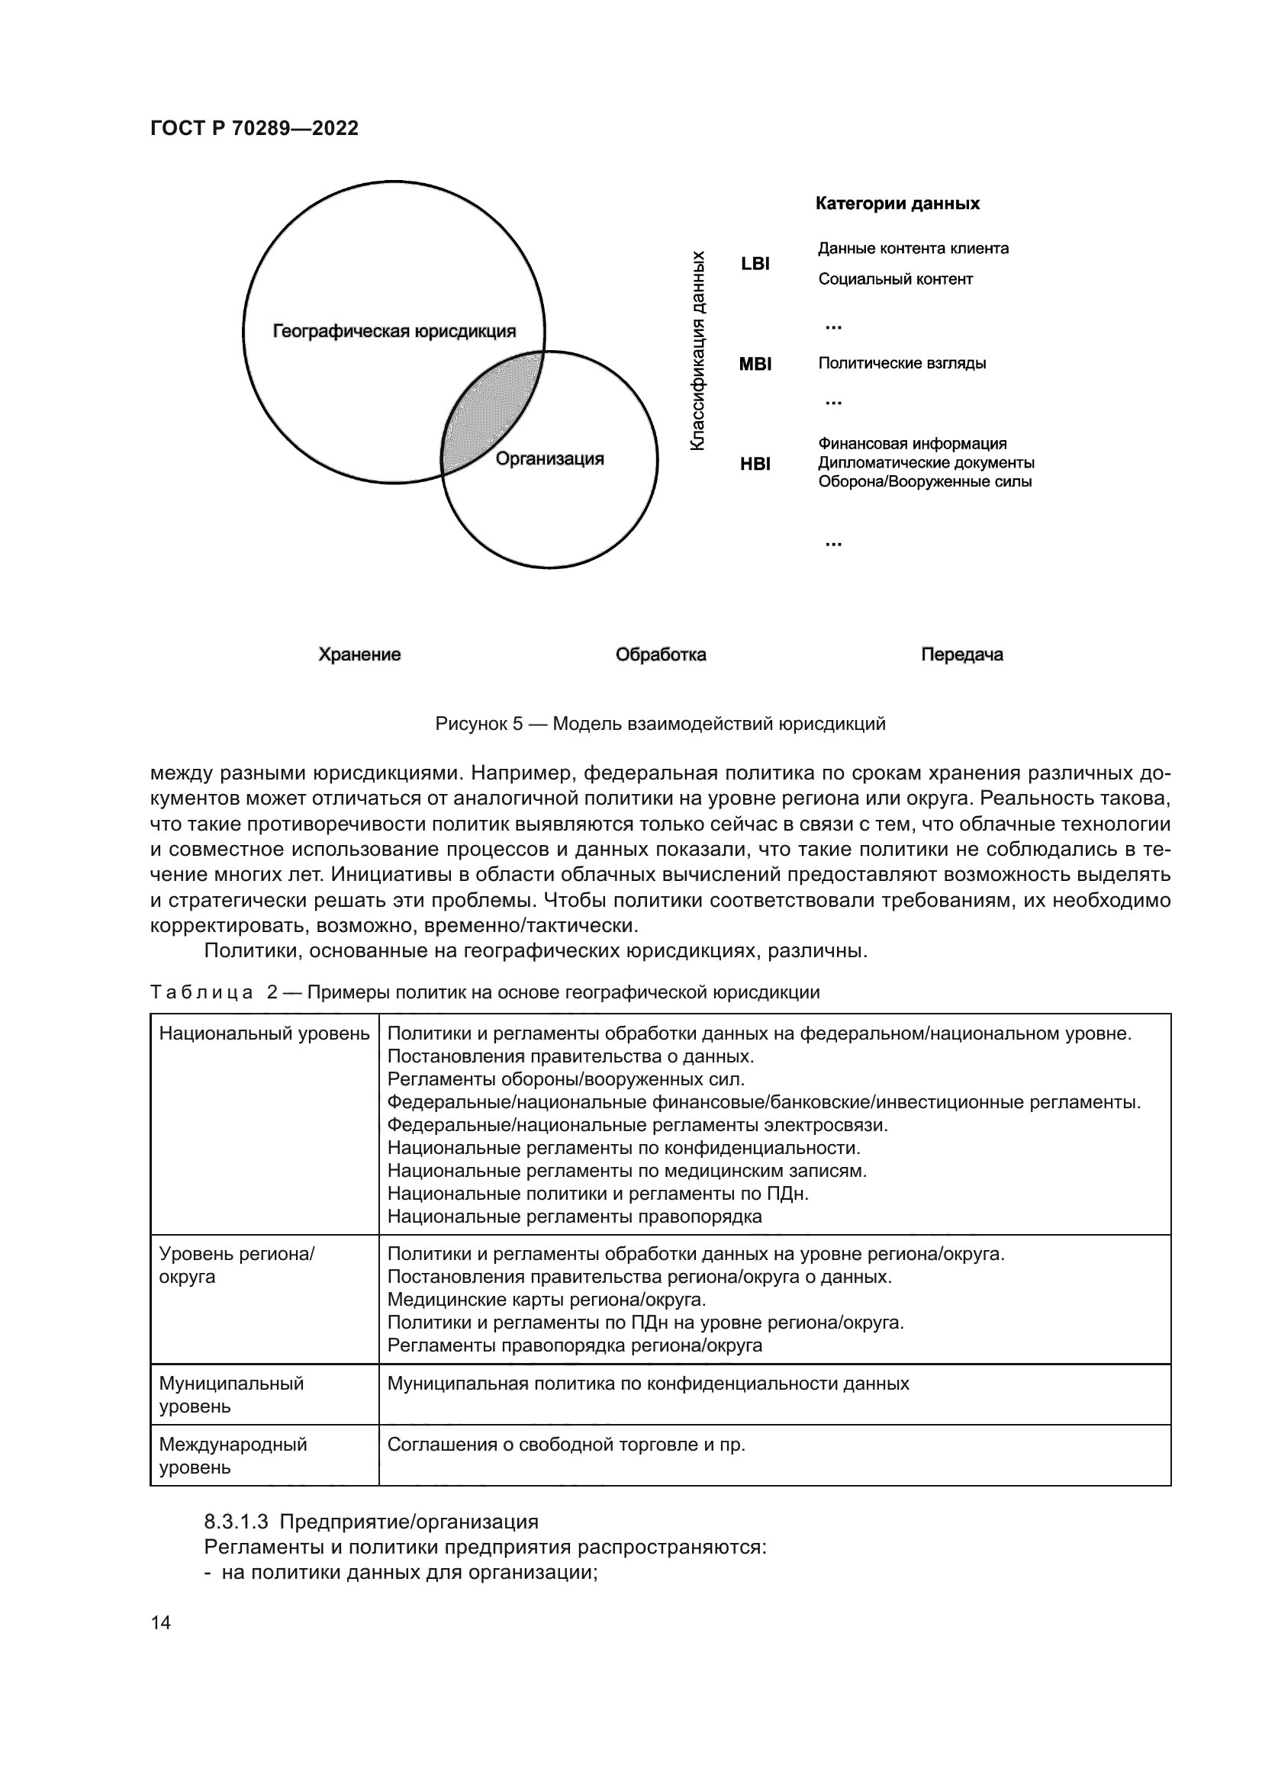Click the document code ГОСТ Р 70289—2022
tap(254, 129)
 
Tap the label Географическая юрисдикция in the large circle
tap(394, 332)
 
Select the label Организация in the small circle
tap(549, 459)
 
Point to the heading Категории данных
tap(897, 204)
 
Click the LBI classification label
tap(755, 264)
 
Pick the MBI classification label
tap(755, 364)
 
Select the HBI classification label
tap(755, 464)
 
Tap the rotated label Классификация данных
tap(698, 349)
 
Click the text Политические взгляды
tap(901, 363)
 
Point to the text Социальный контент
tap(895, 279)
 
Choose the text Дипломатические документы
tap(926, 463)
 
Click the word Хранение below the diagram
tap(359, 654)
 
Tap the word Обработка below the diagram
tap(661, 654)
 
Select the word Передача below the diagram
tap(961, 654)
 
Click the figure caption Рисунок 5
tap(660, 724)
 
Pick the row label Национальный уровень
tap(264, 1033)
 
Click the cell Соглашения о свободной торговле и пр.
tap(565, 1445)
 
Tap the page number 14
tap(161, 1622)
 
